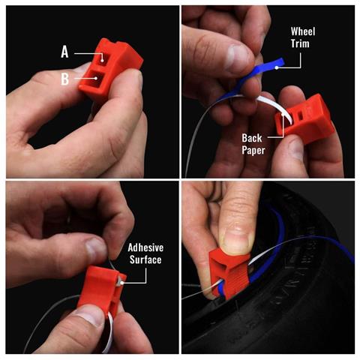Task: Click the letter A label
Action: (65, 52)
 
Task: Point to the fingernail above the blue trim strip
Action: (238, 56)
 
